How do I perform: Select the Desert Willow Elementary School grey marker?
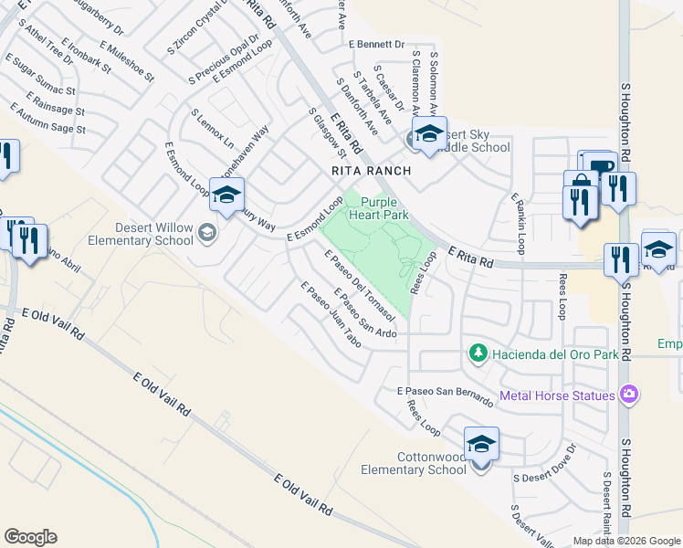pyautogui.click(x=207, y=234)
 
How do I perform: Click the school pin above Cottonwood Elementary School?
pyautogui.click(x=480, y=445)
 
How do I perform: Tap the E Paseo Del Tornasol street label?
pyautogui.click(x=359, y=285)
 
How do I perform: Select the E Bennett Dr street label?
pyautogui.click(x=375, y=43)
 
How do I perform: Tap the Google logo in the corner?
pyautogui.click(x=30, y=537)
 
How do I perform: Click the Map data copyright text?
pyautogui.click(x=625, y=541)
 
